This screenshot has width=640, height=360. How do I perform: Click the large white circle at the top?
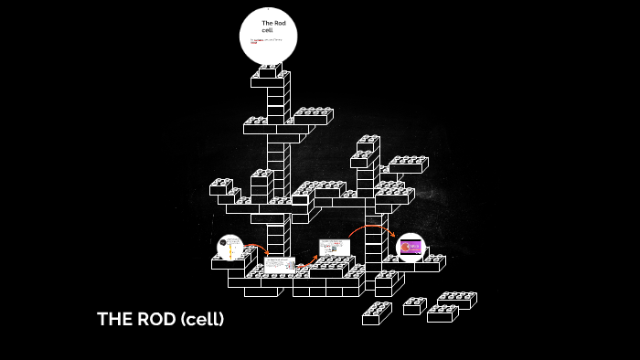[x=268, y=37]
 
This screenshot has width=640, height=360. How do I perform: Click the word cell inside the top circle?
[x=267, y=30]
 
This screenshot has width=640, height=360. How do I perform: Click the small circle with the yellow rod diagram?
[x=229, y=248]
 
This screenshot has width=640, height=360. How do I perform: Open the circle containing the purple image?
[x=411, y=247]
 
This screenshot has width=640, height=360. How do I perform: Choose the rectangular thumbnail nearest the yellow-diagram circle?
[x=279, y=265]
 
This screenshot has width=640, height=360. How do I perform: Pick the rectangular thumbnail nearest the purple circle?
[x=334, y=248]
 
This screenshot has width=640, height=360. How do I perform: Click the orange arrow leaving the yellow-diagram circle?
[x=256, y=248]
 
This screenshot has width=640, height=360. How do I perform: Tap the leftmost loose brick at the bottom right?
[x=376, y=314]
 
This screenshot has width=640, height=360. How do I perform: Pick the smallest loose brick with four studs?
[x=414, y=306]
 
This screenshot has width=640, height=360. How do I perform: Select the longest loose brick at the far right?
[x=456, y=300]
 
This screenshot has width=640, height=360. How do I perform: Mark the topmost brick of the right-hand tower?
[x=368, y=144]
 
